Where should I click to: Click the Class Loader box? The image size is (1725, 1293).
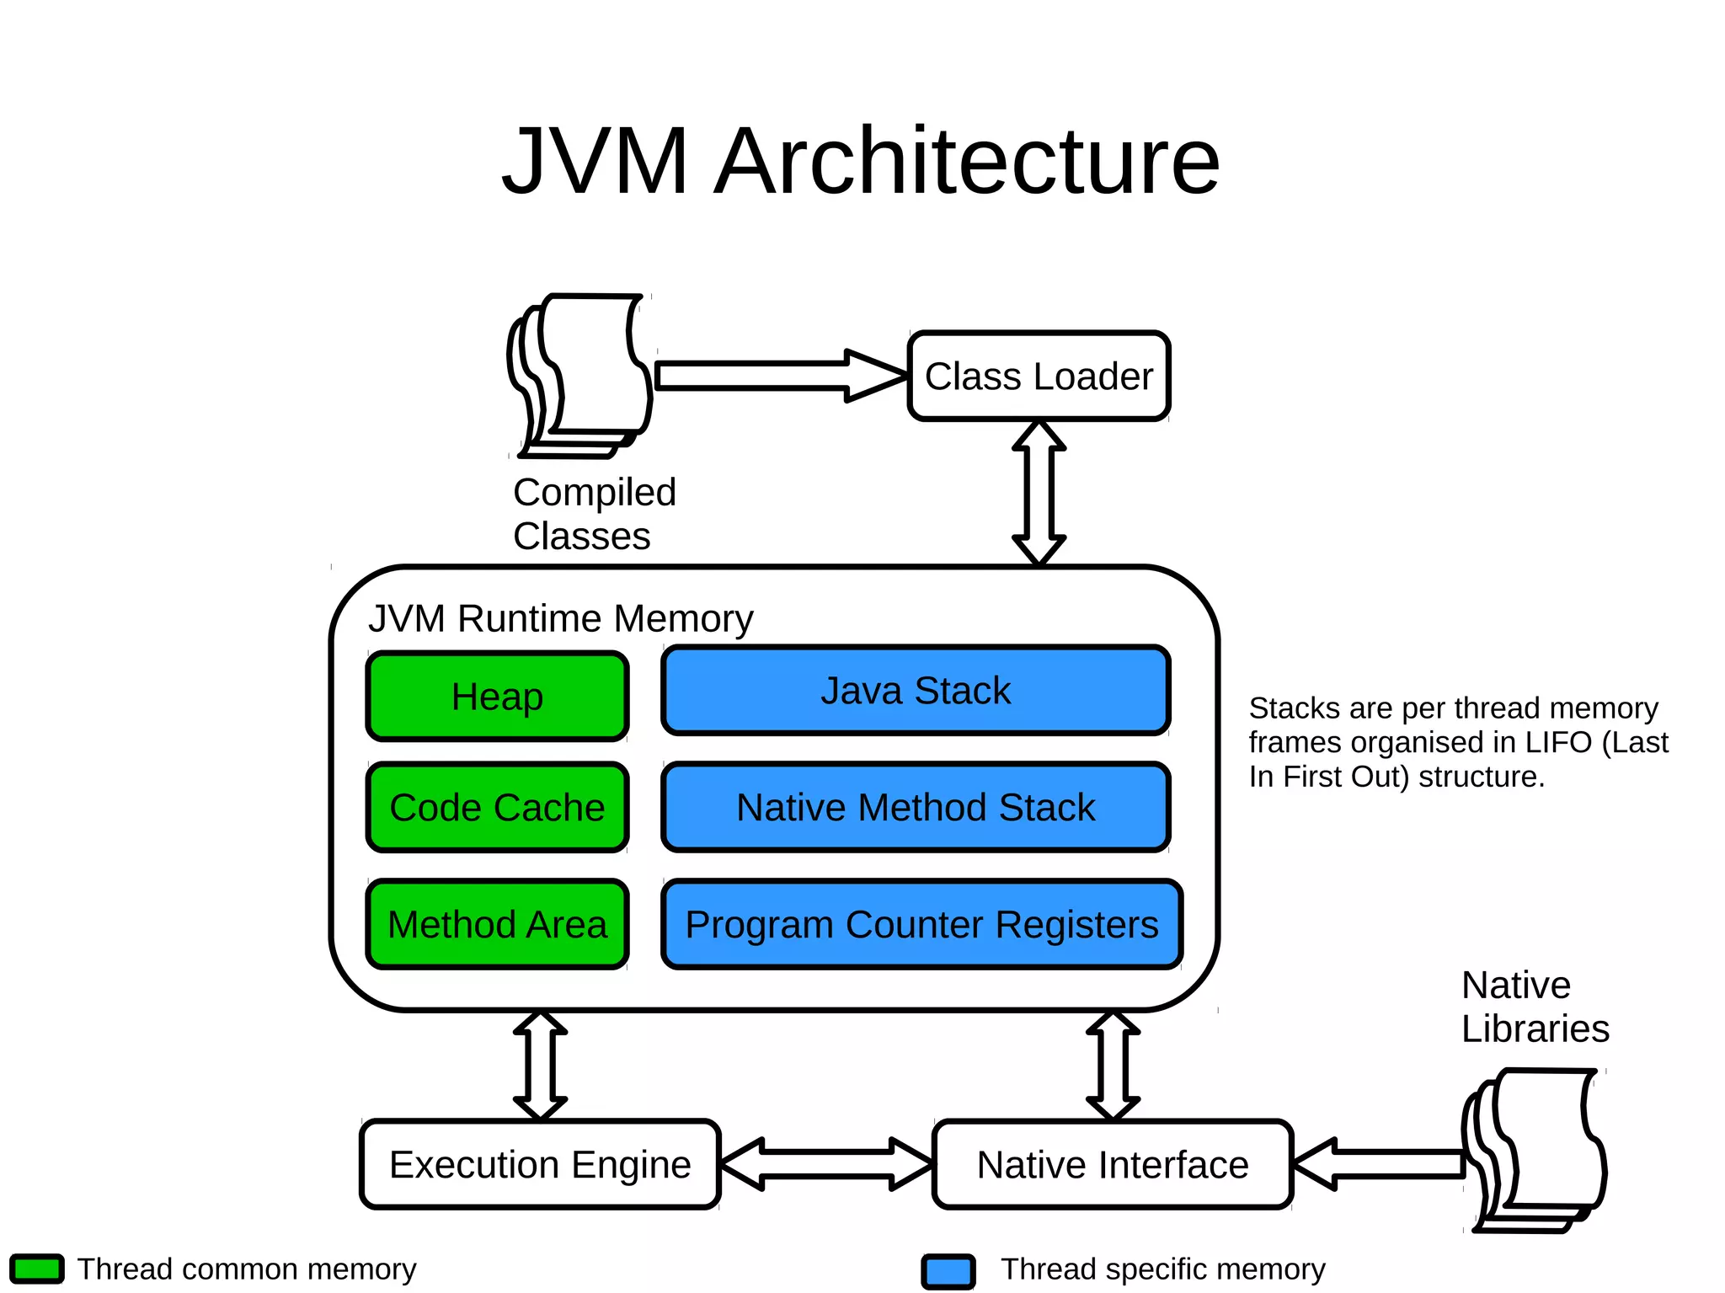tap(1039, 376)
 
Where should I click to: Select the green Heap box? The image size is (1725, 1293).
tap(497, 697)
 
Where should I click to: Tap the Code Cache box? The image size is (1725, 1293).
tap(497, 807)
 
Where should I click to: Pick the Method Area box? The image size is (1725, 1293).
tap(497, 924)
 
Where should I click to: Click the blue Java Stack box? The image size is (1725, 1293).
tap(916, 691)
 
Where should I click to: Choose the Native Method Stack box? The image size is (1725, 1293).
tap(916, 807)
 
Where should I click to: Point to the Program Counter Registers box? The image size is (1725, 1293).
tap(921, 924)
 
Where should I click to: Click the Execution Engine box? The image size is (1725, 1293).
tap(540, 1164)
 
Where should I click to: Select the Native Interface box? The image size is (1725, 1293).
tap(1113, 1164)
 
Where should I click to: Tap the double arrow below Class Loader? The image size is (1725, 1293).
tap(1039, 493)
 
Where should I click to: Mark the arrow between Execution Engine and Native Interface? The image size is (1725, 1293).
tap(826, 1164)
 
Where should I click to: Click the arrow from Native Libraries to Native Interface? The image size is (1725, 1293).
tap(1381, 1164)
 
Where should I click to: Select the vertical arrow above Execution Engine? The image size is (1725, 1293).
tap(540, 1066)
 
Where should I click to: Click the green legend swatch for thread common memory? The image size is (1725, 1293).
tap(37, 1269)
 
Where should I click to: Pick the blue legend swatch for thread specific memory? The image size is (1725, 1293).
tap(948, 1271)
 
